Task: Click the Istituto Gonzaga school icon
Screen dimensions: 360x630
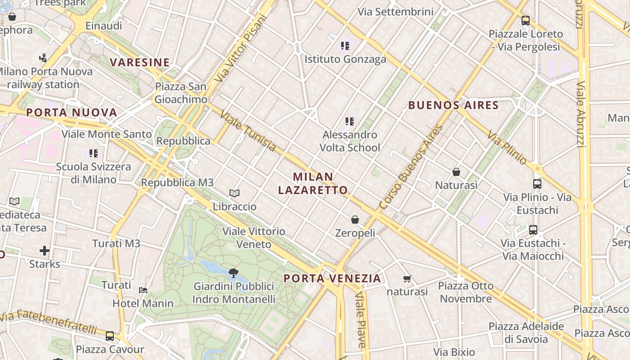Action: point(345,45)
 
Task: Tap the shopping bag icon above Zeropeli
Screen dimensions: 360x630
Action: point(355,220)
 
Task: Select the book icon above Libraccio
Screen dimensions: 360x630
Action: point(234,193)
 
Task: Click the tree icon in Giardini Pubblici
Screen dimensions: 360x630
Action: point(233,273)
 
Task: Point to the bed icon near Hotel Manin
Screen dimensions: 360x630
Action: point(143,290)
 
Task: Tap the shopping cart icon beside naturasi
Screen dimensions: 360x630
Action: point(407,279)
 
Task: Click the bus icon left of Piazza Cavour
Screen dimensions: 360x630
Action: point(110,336)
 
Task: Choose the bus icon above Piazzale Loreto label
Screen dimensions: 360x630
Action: point(525,20)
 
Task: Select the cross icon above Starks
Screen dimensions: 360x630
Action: point(45,250)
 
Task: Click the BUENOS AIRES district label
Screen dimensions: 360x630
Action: point(453,106)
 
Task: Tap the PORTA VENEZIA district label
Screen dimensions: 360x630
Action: point(333,279)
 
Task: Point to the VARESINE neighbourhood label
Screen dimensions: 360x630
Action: point(140,63)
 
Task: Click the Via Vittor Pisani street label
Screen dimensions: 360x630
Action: point(241,49)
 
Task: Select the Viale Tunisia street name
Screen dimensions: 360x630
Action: point(248,131)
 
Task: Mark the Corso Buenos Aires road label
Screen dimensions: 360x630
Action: point(411,167)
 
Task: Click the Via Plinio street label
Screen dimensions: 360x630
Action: point(506,148)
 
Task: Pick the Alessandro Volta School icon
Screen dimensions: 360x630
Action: point(350,121)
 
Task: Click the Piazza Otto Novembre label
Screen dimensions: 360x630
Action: point(466,292)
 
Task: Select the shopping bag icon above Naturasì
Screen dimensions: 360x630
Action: point(456,172)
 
